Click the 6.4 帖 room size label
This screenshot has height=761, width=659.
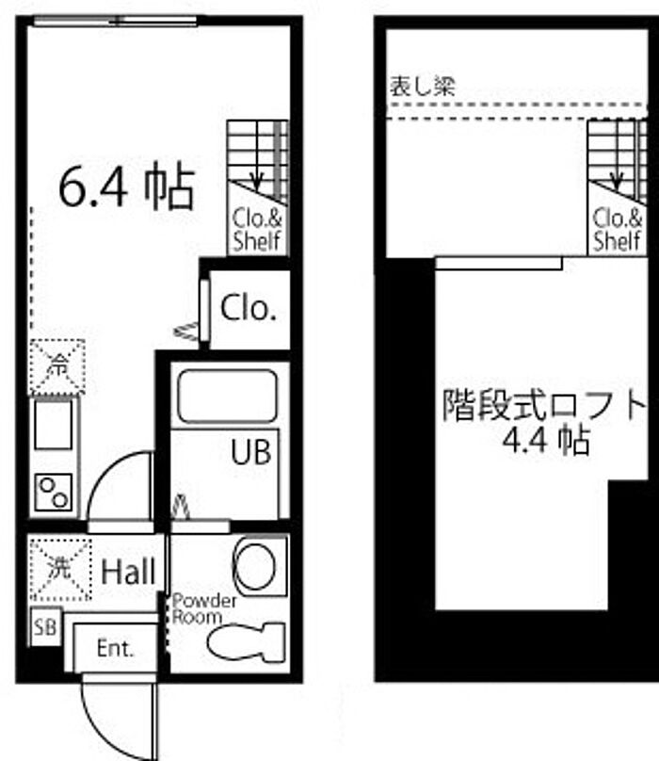pos(127,187)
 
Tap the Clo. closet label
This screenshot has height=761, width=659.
pos(249,308)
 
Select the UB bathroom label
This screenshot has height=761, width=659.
pos(250,451)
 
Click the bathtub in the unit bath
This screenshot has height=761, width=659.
pos(227,396)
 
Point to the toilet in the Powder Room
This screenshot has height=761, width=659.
pos(246,641)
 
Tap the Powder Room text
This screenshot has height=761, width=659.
pos(204,609)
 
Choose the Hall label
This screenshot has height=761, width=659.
pos(128,572)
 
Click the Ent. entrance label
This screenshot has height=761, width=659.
pos(115,648)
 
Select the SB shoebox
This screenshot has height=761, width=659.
pos(45,626)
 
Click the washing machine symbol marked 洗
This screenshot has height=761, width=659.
pos(60,569)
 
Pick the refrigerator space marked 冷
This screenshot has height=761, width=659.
pos(57,367)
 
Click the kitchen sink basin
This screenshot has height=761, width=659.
pos(54,424)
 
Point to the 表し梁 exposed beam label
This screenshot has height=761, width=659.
pos(423,87)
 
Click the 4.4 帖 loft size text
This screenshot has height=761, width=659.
pos(546,440)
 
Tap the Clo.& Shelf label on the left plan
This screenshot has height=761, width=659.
pos(257,230)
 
